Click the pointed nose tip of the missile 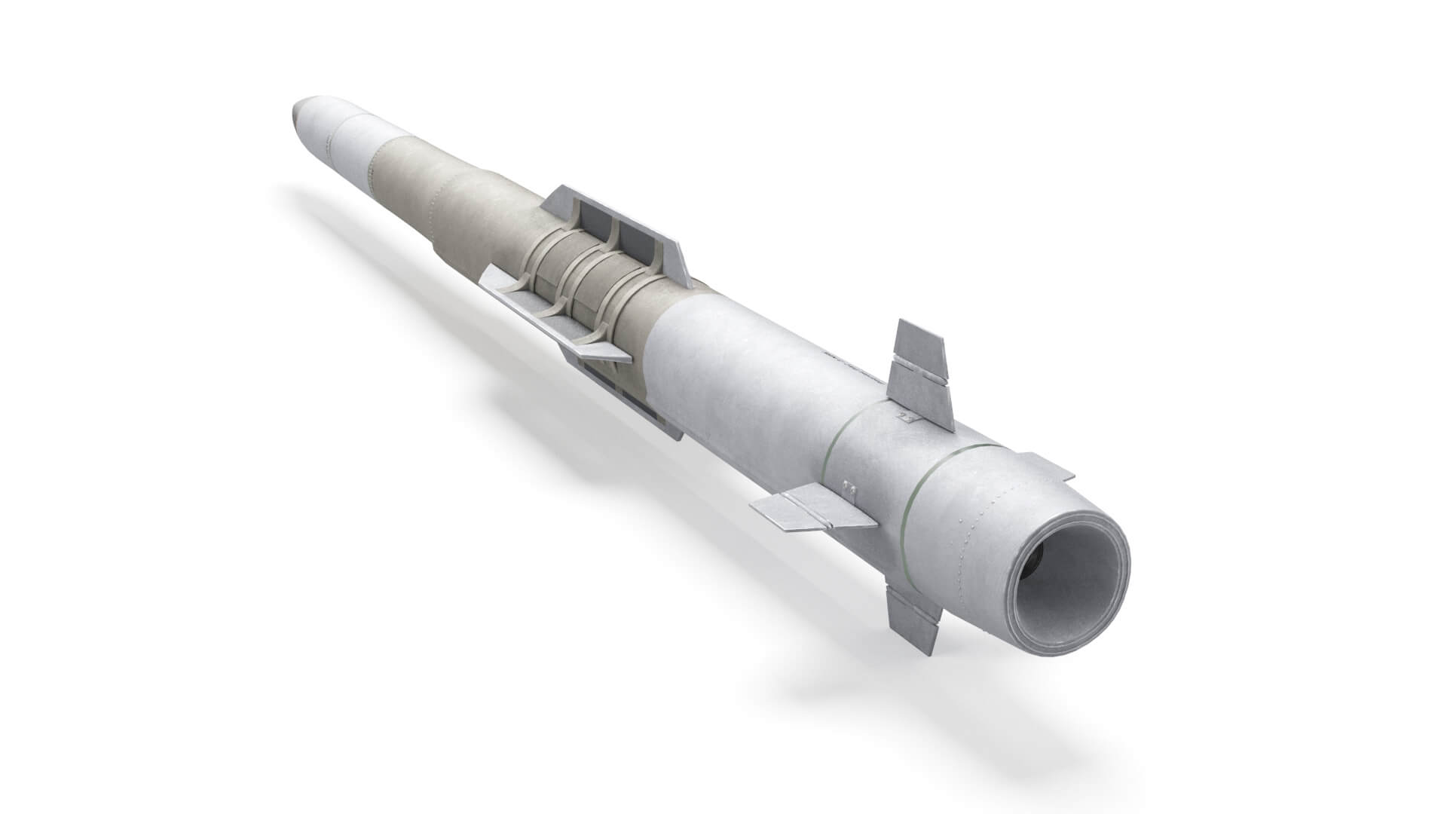tap(294, 114)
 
